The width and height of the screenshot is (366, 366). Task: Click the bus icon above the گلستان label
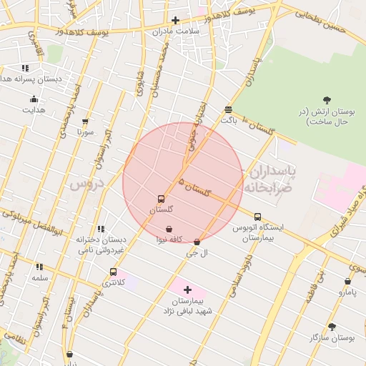160,199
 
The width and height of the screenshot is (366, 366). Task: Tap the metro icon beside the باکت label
228,109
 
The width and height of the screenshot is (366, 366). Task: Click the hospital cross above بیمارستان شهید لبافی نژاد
187,290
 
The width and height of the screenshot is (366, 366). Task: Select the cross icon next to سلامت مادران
176,20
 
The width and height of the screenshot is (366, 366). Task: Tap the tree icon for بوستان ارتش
327,100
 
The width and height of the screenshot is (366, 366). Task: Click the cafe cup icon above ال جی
197,242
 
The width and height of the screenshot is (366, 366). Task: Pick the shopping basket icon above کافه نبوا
168,229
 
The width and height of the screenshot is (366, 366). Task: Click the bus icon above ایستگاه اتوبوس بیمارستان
257,217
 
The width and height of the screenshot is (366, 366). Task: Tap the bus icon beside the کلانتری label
113,272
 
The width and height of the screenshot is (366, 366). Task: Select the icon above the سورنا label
86,122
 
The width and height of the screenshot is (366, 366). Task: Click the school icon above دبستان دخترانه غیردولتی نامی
101,229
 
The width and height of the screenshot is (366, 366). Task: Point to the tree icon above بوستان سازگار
332,326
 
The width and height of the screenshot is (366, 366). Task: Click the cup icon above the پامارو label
347,282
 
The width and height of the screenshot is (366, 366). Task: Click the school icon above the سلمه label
39,267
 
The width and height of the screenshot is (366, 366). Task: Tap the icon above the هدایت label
33,99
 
